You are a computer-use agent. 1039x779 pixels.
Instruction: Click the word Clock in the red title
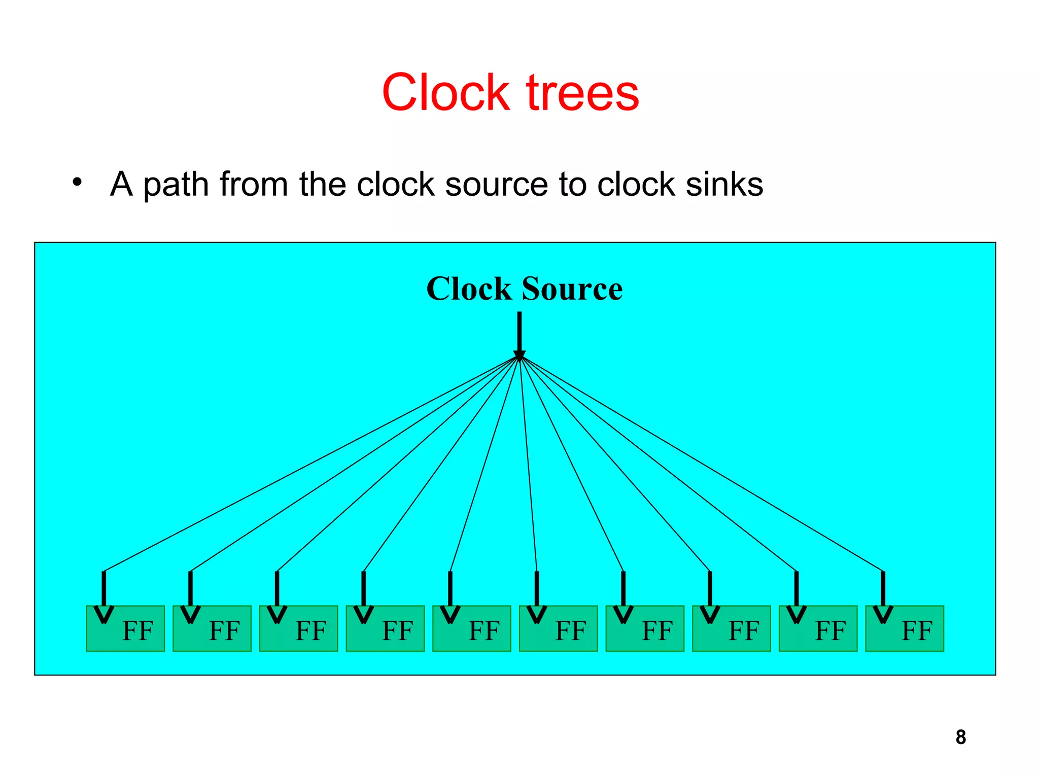[445, 93]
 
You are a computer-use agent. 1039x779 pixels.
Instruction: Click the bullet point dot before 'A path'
[77, 182]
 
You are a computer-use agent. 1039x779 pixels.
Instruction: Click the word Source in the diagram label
[572, 289]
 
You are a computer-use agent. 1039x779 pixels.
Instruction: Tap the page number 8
[960, 737]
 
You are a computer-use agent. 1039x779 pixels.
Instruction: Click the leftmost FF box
[125, 628]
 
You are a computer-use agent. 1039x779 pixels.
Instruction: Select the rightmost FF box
[905, 628]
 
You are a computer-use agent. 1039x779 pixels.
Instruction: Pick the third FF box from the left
[298, 628]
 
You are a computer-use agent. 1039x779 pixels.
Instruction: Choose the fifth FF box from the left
[472, 628]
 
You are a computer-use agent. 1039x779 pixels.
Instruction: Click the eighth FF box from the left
[732, 628]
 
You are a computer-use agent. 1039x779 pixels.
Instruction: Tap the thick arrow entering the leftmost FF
[104, 593]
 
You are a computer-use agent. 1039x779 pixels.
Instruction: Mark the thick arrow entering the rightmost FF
[883, 593]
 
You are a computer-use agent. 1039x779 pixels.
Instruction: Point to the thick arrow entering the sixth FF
[537, 593]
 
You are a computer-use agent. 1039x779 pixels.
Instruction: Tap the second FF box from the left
[212, 628]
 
